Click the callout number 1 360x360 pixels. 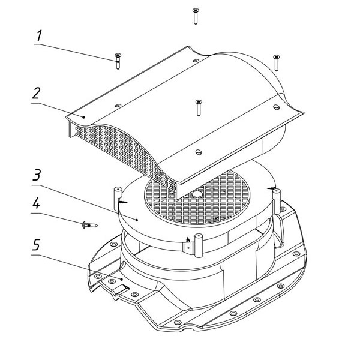click(x=39, y=36)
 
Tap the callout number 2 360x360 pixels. click(x=36, y=93)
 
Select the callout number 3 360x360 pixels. click(x=37, y=175)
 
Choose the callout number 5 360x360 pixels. click(x=36, y=245)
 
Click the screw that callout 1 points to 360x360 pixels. click(x=118, y=61)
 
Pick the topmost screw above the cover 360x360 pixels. click(x=196, y=16)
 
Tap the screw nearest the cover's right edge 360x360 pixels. click(x=277, y=62)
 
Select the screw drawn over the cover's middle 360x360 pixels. click(x=199, y=107)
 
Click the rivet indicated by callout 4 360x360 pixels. click(x=90, y=225)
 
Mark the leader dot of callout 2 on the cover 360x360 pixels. click(x=84, y=117)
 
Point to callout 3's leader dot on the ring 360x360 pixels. click(x=137, y=220)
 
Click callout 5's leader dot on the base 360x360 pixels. click(x=122, y=279)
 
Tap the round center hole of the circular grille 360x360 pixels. click(x=197, y=194)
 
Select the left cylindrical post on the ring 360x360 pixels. click(x=117, y=199)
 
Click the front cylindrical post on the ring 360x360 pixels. click(x=198, y=245)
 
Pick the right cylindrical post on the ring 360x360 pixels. click(x=276, y=200)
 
